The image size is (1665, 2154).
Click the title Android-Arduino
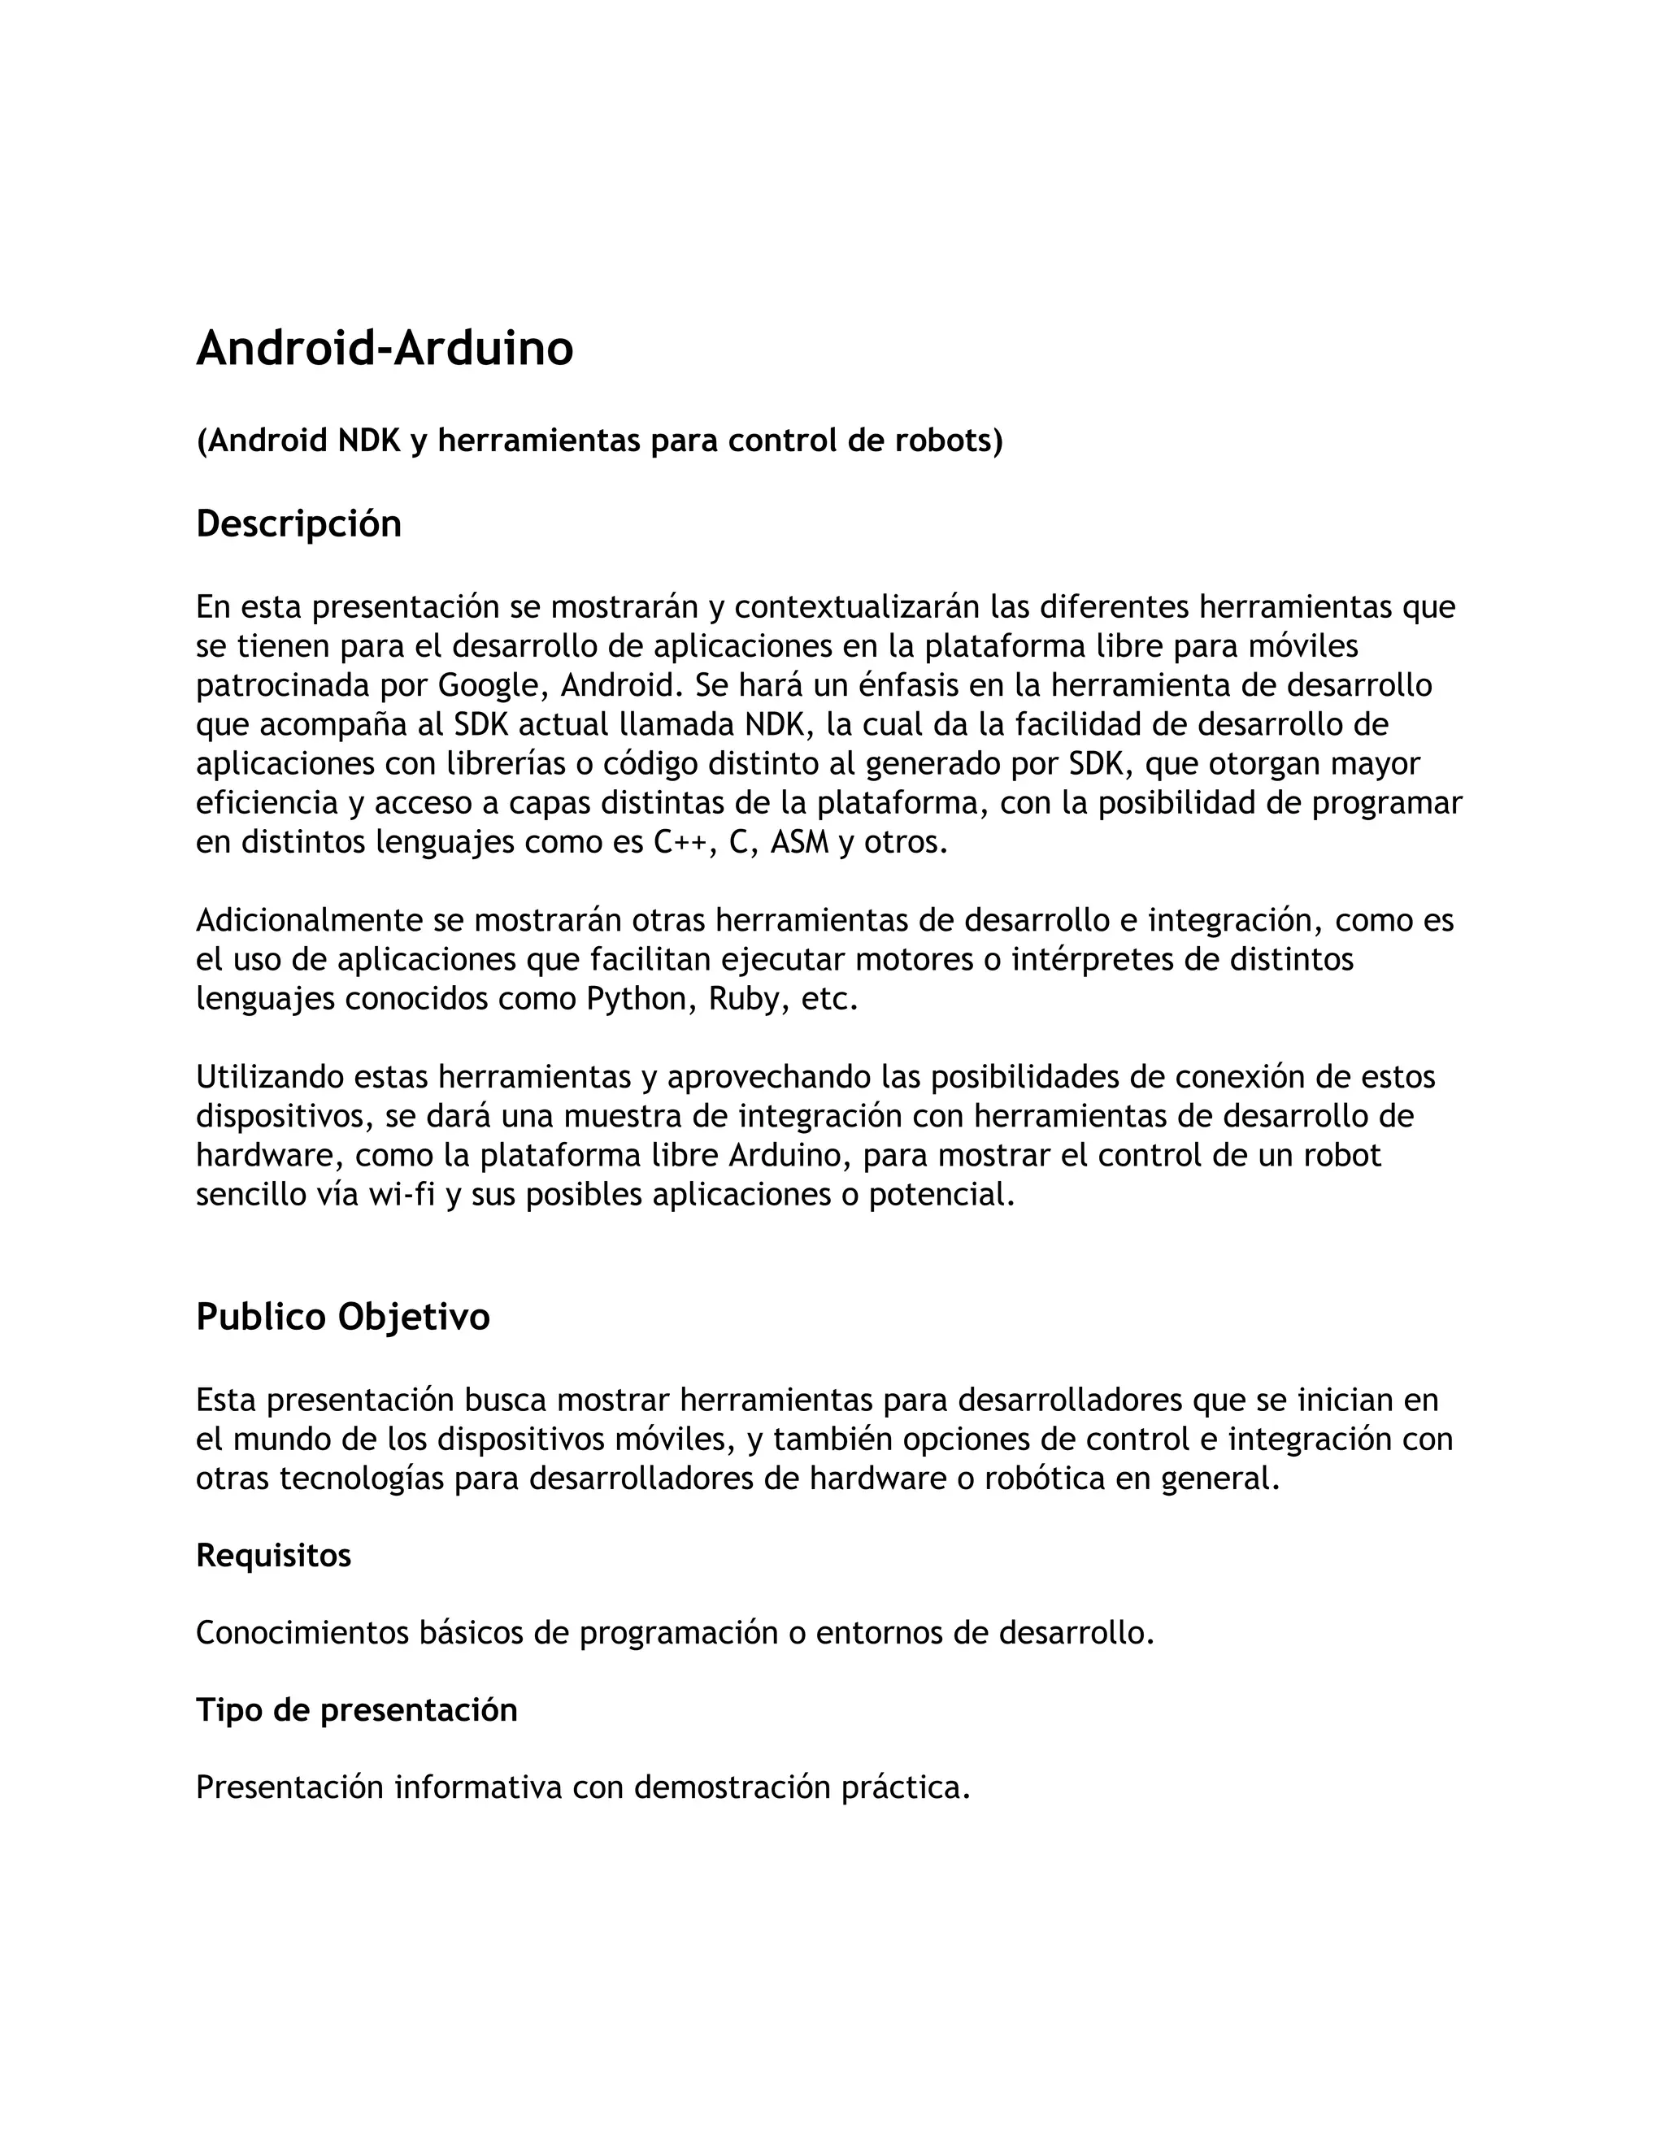(x=384, y=348)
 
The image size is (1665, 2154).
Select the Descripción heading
(x=299, y=523)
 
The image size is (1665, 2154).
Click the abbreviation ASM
(x=799, y=842)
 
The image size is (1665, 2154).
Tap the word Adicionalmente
(x=310, y=920)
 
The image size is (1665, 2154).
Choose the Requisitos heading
(x=273, y=1555)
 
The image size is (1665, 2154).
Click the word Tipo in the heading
(x=230, y=1710)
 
